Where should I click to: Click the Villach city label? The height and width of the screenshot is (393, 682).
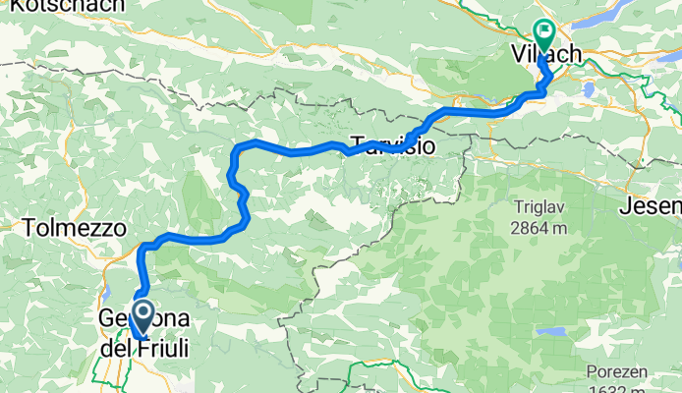546,54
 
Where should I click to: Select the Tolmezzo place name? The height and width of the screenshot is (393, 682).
76,228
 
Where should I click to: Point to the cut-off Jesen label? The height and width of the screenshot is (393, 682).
652,206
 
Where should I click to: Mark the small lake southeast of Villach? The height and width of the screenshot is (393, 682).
588,89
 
